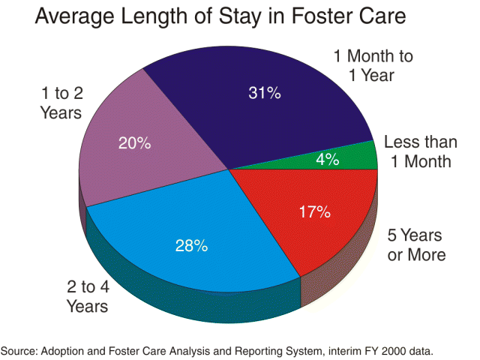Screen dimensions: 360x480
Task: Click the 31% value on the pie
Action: [265, 93]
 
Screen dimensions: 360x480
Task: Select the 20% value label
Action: [134, 142]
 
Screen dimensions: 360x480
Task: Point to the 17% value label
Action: [314, 211]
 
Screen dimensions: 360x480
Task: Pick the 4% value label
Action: [328, 159]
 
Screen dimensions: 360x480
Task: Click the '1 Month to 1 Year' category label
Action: [373, 65]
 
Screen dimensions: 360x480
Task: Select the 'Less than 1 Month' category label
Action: [417, 151]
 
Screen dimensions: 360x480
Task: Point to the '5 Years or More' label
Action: [416, 244]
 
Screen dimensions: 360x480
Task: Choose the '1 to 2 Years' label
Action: [61, 104]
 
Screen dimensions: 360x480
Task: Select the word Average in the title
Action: [73, 17]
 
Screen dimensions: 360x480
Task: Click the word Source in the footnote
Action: [19, 350]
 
